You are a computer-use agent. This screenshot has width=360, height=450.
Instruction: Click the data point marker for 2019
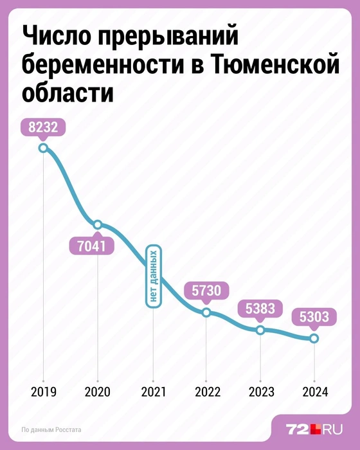(43, 148)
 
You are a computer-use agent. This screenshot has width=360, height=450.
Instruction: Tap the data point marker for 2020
(98, 224)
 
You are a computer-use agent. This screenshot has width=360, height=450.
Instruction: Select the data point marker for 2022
(206, 312)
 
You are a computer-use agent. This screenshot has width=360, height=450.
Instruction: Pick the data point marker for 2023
(260, 330)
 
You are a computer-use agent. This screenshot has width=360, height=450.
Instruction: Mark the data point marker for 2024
(314, 338)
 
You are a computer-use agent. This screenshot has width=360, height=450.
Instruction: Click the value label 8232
(43, 127)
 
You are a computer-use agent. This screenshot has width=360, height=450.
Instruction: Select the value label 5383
(260, 309)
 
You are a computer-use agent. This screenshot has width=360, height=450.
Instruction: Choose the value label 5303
(314, 317)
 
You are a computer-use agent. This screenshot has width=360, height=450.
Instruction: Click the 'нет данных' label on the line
(153, 276)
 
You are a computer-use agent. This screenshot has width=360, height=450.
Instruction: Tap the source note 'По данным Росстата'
(51, 429)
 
